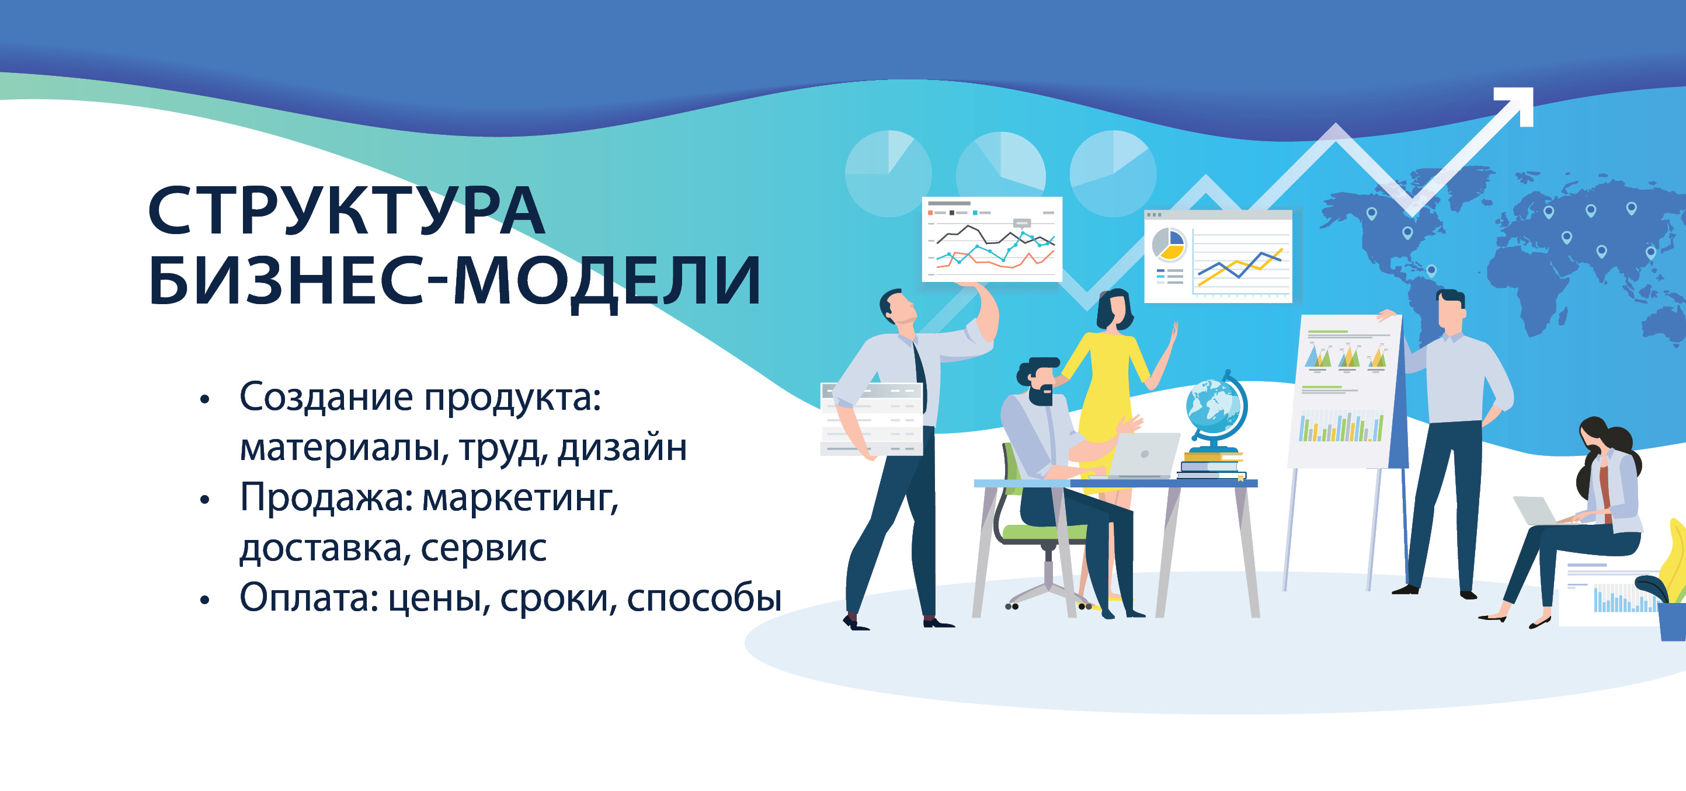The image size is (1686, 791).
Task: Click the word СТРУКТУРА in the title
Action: pyautogui.click(x=346, y=210)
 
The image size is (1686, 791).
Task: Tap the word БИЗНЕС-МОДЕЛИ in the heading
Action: pyautogui.click(x=455, y=281)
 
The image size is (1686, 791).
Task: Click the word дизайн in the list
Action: pyautogui.click(x=622, y=448)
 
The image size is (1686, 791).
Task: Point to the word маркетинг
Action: pyautogui.click(x=520, y=499)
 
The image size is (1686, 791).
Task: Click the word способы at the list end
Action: pyautogui.click(x=704, y=598)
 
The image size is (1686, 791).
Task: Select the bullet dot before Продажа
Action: pyautogui.click(x=205, y=500)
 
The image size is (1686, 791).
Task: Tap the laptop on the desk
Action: pyautogui.click(x=1142, y=455)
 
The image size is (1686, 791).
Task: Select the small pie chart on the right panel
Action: pyautogui.click(x=1169, y=245)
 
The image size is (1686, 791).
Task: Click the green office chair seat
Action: pyautogui.click(x=1041, y=532)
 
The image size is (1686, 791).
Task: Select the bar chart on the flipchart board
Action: pyautogui.click(x=1341, y=427)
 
